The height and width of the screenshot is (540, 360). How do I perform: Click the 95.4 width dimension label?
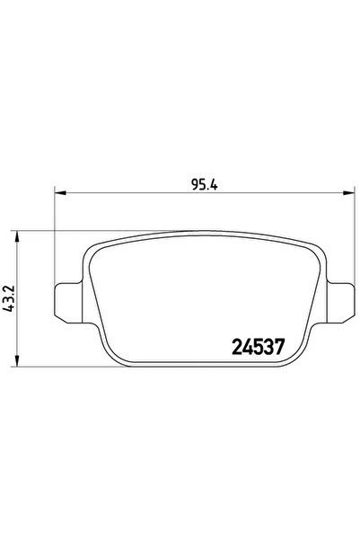205,185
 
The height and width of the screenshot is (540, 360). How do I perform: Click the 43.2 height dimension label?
8,298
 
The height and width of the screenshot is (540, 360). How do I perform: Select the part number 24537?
259,347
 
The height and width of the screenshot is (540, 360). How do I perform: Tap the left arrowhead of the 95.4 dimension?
60,193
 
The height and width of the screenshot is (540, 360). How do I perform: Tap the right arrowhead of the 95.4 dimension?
348,193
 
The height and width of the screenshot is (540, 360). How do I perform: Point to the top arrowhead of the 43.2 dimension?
16,236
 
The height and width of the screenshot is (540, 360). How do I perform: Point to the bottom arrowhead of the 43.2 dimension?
16,360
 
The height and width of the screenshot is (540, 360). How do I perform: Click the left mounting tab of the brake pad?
69,303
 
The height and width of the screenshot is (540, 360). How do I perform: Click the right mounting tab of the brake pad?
340,303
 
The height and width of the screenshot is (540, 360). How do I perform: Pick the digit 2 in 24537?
237,347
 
